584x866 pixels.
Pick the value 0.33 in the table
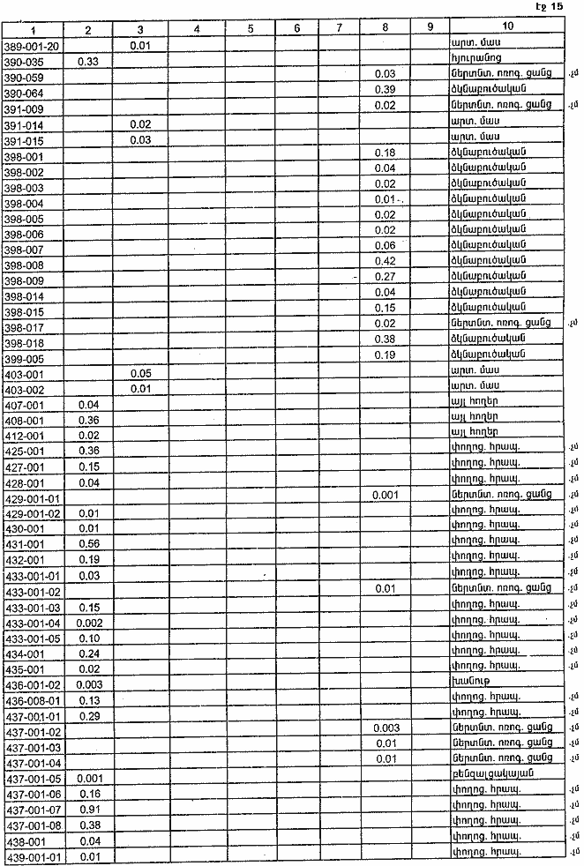[x=88, y=60]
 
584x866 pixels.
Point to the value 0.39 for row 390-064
[x=385, y=92]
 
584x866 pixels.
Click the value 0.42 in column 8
[x=385, y=262]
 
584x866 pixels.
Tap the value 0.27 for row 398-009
[x=385, y=278]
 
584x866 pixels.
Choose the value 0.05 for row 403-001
[x=140, y=373]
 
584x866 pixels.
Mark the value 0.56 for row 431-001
[x=88, y=544]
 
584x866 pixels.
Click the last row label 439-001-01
[x=32, y=856]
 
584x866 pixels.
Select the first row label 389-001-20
[x=32, y=45]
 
